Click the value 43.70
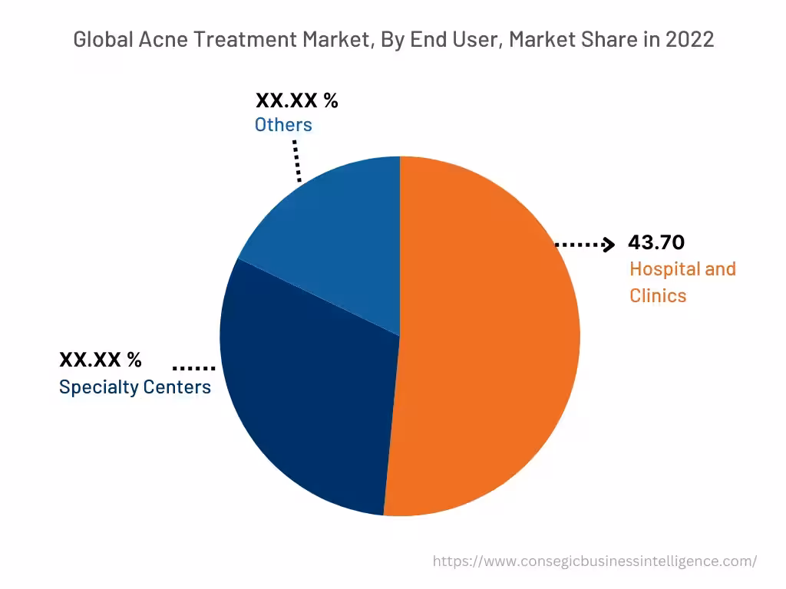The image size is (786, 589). (x=656, y=242)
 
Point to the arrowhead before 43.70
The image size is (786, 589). (x=609, y=245)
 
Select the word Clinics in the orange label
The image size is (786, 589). (x=658, y=295)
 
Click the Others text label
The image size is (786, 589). (x=283, y=125)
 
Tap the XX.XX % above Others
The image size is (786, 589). (x=296, y=100)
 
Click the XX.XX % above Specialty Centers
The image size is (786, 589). (x=101, y=360)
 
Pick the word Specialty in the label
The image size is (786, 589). (x=97, y=387)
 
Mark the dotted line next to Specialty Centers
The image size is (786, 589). (x=193, y=367)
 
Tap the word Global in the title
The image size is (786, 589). (x=101, y=40)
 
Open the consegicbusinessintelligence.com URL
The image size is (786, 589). (x=595, y=561)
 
